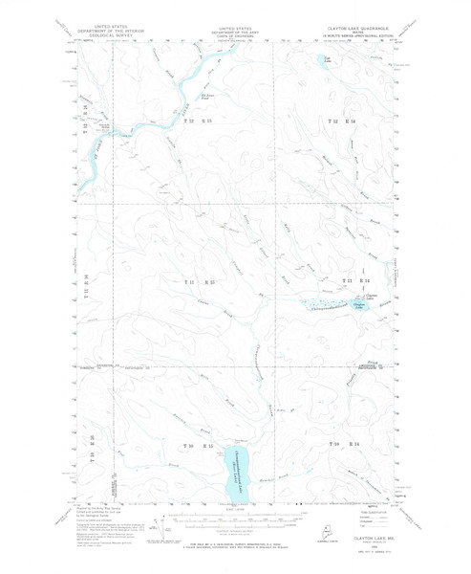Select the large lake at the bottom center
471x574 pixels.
[235, 465]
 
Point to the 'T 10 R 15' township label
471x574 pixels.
[200, 446]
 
